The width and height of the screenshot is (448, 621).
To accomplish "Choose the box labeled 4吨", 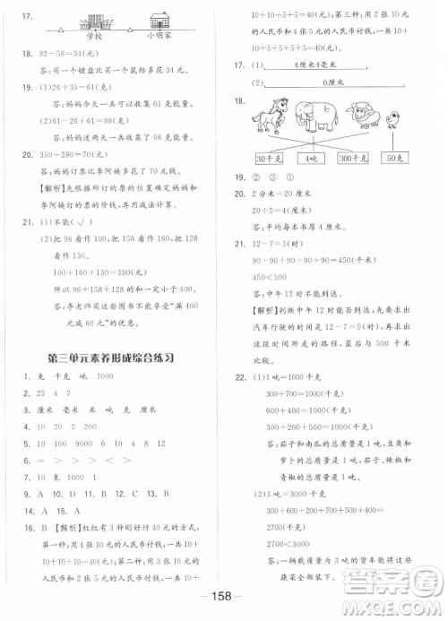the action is [x=313, y=159].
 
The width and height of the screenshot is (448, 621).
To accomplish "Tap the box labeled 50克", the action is [x=395, y=159].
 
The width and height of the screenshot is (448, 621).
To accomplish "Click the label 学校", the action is [x=94, y=37].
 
